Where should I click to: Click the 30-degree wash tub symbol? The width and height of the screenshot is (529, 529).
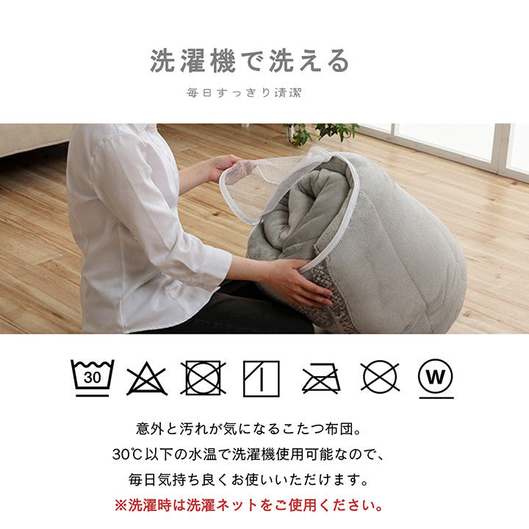[x=92, y=378]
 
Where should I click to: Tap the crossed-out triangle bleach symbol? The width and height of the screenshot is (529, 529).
[x=146, y=378]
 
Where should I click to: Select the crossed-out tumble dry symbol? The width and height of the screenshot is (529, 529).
[x=204, y=378]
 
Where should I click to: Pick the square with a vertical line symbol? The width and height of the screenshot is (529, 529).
[x=261, y=378]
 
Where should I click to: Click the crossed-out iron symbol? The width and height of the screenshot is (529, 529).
[x=320, y=378]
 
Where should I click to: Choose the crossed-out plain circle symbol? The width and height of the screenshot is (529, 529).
[x=380, y=377]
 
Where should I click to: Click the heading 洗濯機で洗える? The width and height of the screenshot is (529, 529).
[x=251, y=62]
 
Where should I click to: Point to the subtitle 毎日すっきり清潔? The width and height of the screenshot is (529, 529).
[x=245, y=93]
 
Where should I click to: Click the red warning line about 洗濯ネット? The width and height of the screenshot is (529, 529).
[x=249, y=505]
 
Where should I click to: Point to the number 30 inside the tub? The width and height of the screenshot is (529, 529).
[x=92, y=378]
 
